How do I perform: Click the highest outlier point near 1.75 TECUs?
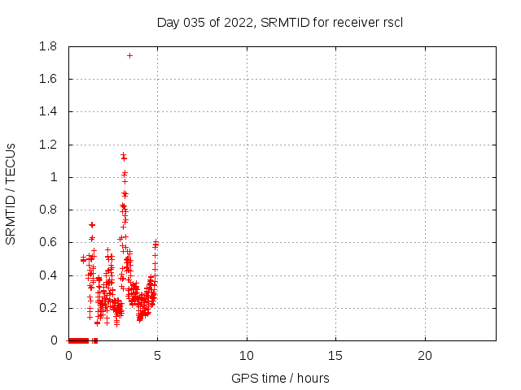129,55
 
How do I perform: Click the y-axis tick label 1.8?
48,47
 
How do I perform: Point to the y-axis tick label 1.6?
48,80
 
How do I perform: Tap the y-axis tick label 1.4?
48,112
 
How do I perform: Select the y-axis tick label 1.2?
48,145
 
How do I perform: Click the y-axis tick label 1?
55,177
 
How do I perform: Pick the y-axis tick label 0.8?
48,210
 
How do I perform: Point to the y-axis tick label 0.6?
48,243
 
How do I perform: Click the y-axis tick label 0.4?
48,275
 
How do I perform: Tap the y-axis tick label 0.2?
48,308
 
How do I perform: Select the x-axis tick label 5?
157,356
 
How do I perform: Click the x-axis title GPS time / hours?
280,378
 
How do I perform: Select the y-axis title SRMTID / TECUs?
11,193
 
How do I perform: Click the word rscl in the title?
393,22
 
